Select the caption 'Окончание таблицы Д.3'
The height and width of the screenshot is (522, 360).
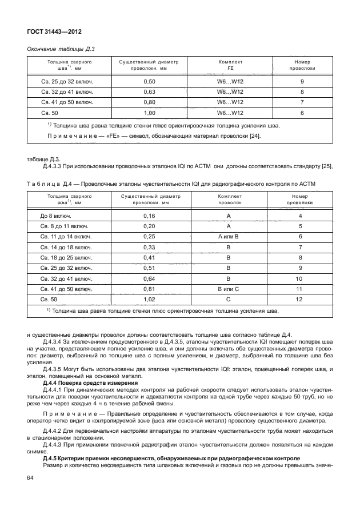pos(58,50)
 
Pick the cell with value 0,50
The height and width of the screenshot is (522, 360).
pos(149,82)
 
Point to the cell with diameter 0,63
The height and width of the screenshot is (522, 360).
pos(149,92)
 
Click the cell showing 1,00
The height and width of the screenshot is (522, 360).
pos(149,113)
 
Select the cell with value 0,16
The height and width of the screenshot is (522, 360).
pos(149,217)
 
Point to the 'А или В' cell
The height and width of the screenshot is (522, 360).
pos(228,236)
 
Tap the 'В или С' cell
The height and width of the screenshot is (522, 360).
pos(228,289)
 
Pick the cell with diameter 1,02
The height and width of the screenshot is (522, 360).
pos(149,299)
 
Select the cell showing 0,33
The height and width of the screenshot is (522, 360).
pos(149,248)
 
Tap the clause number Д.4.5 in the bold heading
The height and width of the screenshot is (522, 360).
pos(53,459)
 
